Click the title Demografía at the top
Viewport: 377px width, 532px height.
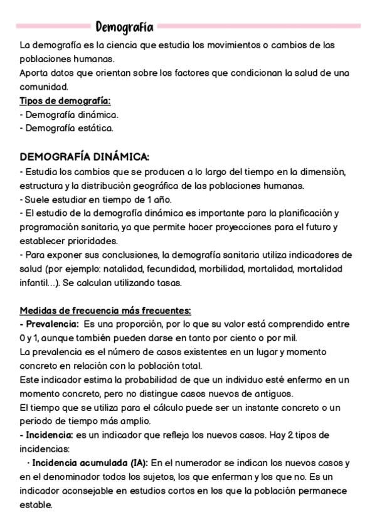click(x=124, y=27)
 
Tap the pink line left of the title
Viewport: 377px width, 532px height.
click(x=53, y=26)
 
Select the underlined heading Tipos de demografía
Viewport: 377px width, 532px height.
click(x=65, y=100)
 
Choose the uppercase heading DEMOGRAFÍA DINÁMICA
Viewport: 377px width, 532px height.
click(x=85, y=156)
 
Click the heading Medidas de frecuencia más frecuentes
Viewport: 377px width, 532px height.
click(x=105, y=311)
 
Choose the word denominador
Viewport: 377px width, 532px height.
click(x=68, y=477)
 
